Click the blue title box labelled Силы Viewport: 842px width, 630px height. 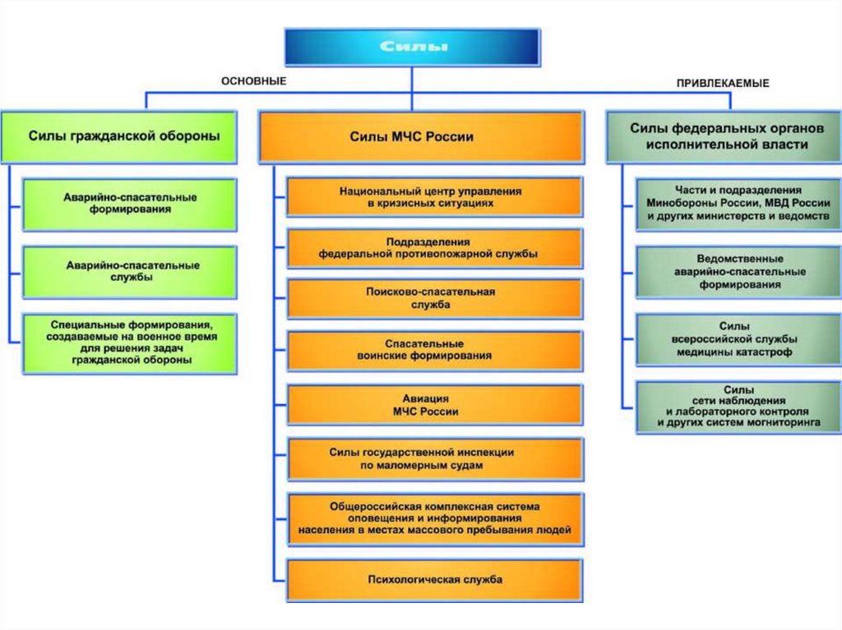(x=412, y=47)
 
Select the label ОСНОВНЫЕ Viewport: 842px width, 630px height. (x=253, y=81)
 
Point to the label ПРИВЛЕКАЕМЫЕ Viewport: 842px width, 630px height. (x=723, y=83)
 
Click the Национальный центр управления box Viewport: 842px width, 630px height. (x=434, y=196)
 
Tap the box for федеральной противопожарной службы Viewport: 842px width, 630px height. (x=434, y=248)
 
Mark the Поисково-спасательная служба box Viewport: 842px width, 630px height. (x=434, y=298)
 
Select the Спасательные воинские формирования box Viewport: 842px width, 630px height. (x=434, y=350)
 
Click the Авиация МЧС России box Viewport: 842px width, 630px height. (x=434, y=406)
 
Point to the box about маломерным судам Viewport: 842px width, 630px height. (x=434, y=459)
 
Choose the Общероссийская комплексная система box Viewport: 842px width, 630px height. (x=434, y=519)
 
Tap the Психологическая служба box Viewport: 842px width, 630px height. (x=434, y=580)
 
